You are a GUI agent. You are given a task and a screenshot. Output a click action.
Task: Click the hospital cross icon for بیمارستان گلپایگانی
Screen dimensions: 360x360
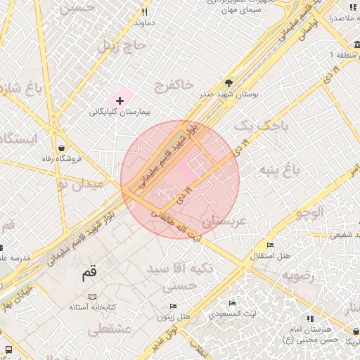tap(120, 101)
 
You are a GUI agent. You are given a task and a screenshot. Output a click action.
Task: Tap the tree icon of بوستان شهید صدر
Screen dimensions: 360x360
tap(228, 82)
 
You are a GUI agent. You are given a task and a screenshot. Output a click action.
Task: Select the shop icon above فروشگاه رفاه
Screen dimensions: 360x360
tap(63, 148)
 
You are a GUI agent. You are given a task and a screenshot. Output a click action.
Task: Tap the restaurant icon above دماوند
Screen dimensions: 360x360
tap(144, 11)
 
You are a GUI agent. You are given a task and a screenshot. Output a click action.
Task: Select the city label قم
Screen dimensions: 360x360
tap(89, 275)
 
